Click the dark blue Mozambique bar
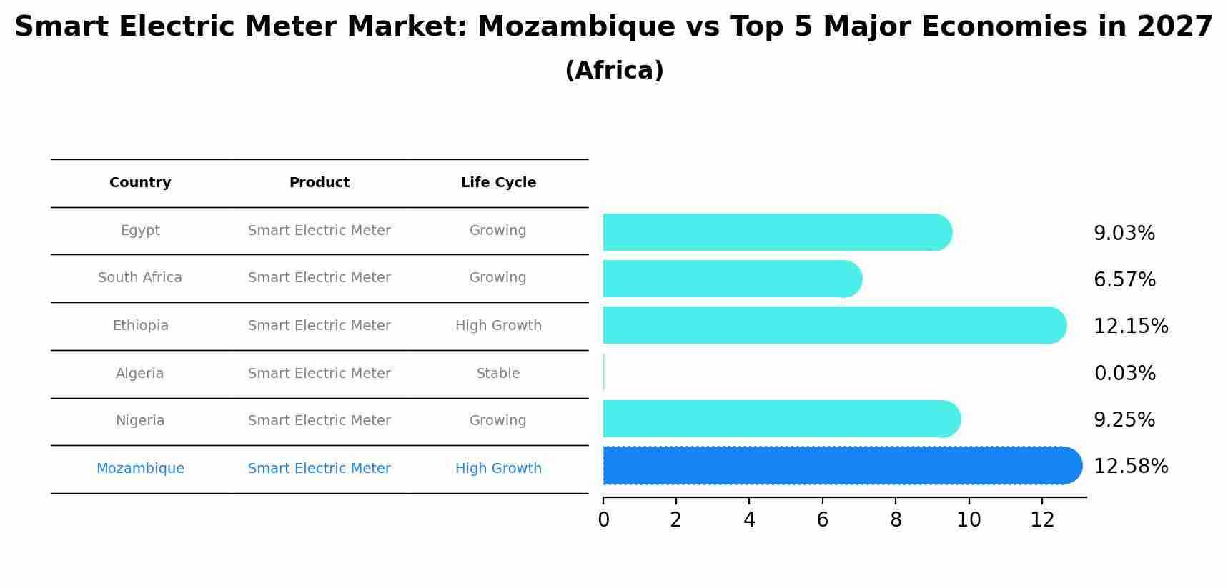(836, 466)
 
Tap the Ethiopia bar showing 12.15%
(829, 325)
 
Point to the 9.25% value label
(1124, 419)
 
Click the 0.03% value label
(1124, 373)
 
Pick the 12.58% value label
(1130, 466)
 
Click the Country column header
(140, 183)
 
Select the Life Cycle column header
(498, 183)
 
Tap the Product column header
(319, 183)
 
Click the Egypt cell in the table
(140, 231)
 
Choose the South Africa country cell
(140, 278)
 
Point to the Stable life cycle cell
(498, 373)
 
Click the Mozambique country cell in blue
(140, 469)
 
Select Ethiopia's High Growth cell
(498, 326)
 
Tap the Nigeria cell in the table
(140, 421)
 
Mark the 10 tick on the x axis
(969, 520)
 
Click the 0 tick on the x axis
(603, 520)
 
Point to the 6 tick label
(822, 520)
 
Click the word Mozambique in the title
(575, 27)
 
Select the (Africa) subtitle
(614, 70)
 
